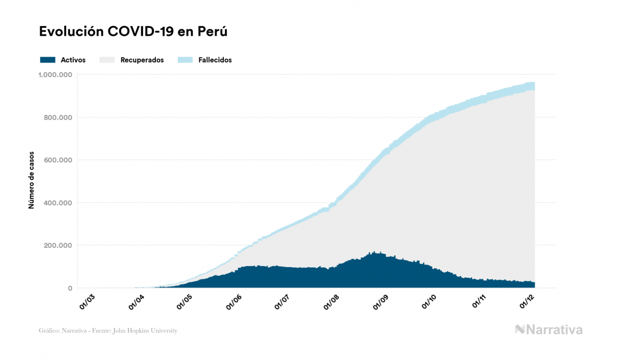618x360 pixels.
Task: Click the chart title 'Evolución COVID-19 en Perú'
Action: pos(134,32)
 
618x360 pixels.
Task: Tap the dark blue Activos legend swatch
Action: pos(48,60)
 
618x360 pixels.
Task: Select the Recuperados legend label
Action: pos(142,60)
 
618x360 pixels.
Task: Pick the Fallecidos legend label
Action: pos(215,60)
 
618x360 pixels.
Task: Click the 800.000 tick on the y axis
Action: pos(58,118)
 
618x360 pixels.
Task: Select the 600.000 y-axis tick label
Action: pos(58,160)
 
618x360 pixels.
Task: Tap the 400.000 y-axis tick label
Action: pos(58,203)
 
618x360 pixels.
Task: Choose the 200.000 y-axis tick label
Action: pos(58,246)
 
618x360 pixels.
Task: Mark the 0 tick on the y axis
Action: pos(70,288)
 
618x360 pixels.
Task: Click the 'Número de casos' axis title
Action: pos(32,181)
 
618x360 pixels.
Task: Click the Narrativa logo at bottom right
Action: pos(549,330)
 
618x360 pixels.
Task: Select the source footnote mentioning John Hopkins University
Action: pos(108,331)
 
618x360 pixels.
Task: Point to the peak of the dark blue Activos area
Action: pos(374,253)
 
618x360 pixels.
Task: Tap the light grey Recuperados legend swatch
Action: pos(107,60)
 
